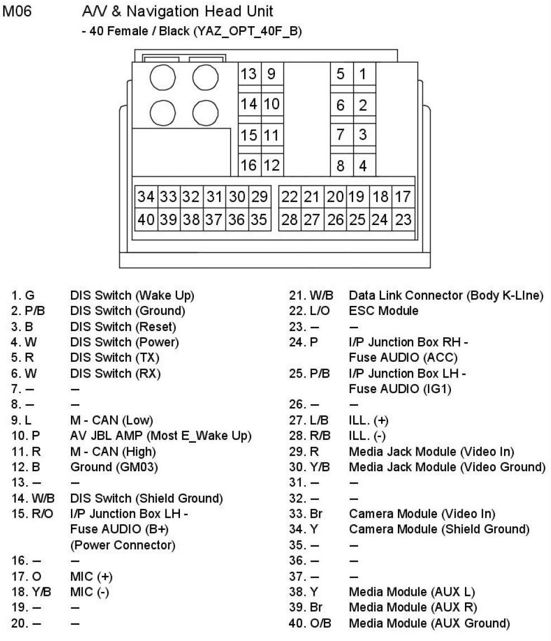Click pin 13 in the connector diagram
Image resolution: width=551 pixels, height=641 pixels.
[x=249, y=74]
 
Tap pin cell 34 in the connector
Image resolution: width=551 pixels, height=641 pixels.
[x=146, y=197]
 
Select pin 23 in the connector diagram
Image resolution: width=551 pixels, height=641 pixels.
[x=403, y=219]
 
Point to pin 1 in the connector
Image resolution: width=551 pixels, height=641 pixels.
[x=363, y=74]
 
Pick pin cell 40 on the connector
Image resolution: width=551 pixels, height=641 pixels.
[x=146, y=219]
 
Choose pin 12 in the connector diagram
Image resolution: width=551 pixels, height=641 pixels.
[x=272, y=166]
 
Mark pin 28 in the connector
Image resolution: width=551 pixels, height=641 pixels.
[x=289, y=219]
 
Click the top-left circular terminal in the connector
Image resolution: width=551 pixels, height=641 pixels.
[x=163, y=78]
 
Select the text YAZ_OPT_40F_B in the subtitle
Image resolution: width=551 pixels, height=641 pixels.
[x=245, y=32]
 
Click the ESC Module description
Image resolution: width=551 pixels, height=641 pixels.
[x=383, y=310]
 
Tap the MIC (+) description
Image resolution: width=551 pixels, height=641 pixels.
[x=92, y=576]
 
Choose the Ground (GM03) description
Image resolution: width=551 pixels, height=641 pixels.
[x=114, y=467]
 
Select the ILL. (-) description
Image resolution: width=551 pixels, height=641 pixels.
[x=367, y=436]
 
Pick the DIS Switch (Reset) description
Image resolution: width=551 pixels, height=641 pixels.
[x=123, y=326]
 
